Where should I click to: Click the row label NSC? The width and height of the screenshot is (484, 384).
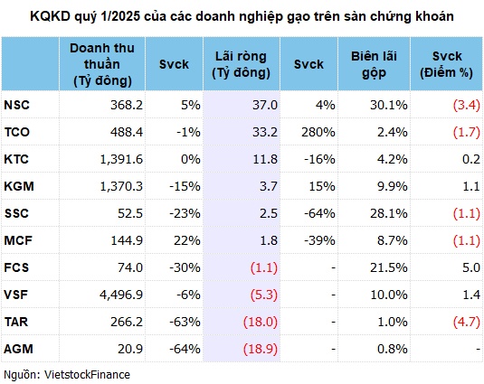click(x=16, y=105)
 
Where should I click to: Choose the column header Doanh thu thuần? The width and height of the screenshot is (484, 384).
click(x=99, y=65)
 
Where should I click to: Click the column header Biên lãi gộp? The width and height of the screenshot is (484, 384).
click(x=375, y=65)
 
